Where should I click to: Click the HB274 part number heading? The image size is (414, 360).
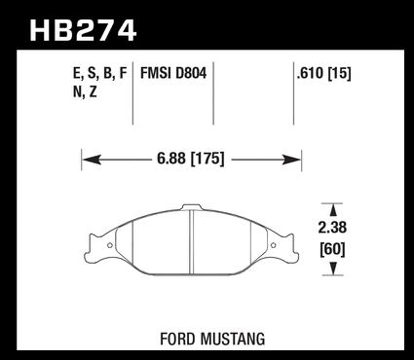coord(83,30)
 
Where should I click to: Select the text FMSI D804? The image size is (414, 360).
coord(173,73)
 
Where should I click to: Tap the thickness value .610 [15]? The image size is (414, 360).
coord(323,74)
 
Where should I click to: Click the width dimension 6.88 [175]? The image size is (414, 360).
coord(191,159)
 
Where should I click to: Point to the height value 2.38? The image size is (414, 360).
coord(332,228)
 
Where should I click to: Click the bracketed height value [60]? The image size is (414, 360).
coord(332,249)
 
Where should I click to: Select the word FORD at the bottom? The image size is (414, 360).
coord(177,340)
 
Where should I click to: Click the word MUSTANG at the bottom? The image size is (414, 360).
coord(233,340)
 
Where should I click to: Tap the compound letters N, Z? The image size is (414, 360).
coord(85,92)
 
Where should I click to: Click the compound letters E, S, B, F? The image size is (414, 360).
coord(100,74)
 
